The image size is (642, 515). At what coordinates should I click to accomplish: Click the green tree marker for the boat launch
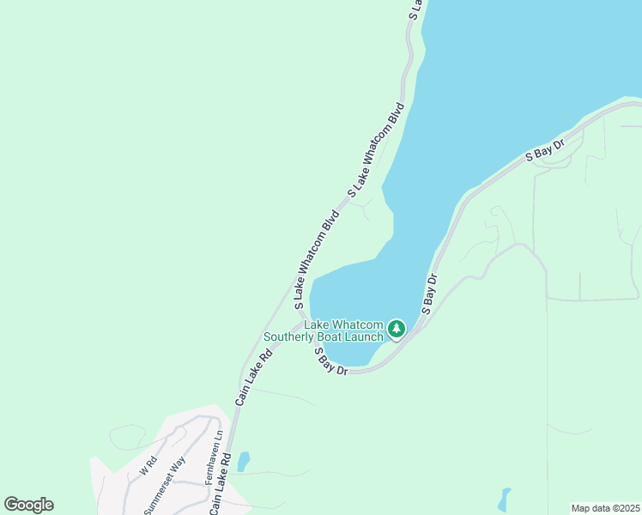(396, 329)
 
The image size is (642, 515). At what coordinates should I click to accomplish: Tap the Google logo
(28, 505)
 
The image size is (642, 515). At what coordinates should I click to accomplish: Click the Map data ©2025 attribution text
(605, 508)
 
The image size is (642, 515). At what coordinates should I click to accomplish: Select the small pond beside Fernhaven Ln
(243, 461)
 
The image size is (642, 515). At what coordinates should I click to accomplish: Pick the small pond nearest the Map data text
(504, 499)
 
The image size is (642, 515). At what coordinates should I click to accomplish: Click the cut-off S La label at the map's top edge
(415, 9)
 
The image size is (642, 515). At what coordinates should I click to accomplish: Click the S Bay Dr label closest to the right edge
(545, 151)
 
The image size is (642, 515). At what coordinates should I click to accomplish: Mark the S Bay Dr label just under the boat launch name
(330, 360)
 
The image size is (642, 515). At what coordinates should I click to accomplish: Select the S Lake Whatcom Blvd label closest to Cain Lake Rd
(317, 258)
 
